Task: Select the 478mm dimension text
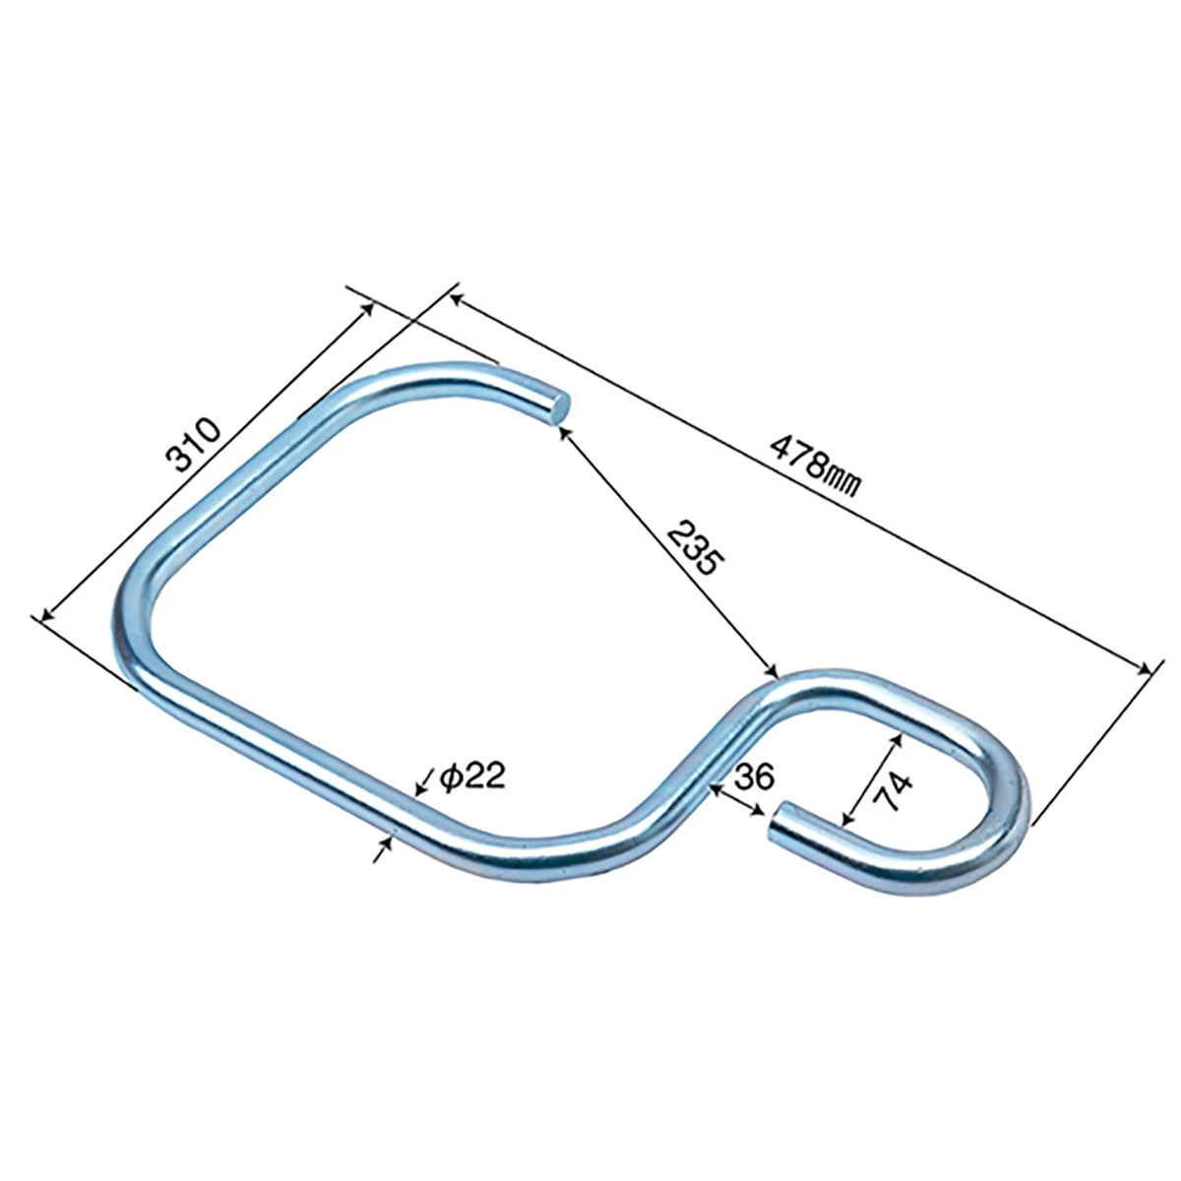point(816,467)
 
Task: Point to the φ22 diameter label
point(472,777)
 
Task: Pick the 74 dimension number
point(895,791)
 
